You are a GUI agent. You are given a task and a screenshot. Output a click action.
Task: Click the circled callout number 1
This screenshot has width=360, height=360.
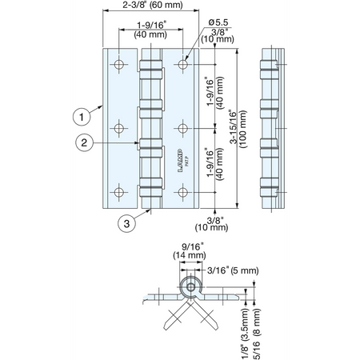pos(82,117)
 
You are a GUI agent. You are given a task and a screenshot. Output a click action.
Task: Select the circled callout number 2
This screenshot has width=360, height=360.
pos(84,142)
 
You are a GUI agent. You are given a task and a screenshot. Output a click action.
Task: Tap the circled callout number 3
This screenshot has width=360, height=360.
pos(126,223)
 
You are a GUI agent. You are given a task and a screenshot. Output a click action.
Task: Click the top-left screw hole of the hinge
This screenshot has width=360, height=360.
pos(119,64)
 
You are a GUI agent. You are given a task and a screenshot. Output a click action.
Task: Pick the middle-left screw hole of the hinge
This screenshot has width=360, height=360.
pos(119,128)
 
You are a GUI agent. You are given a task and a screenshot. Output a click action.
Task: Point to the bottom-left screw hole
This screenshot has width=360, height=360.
pos(119,192)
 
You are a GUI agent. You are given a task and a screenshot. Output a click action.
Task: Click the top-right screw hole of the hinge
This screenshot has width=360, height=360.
pos(182,64)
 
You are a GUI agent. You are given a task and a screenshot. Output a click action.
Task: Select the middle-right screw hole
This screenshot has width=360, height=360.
pos(182,128)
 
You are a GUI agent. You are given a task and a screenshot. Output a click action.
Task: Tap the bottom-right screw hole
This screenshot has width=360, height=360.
pos(182,192)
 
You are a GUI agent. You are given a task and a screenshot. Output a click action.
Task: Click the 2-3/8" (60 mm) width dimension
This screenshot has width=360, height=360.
pos(153,5)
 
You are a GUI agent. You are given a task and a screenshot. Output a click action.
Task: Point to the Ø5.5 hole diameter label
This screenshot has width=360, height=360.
pos(218,22)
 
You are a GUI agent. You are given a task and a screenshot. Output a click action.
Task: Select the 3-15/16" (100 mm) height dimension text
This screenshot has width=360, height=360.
pos(238,129)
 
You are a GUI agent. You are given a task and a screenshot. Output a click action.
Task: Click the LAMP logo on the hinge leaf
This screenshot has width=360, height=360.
pos(180,160)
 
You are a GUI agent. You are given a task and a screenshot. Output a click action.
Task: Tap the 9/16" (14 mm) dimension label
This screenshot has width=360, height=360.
pos(190,251)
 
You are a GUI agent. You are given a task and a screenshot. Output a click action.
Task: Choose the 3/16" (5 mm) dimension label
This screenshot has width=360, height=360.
pos(233,270)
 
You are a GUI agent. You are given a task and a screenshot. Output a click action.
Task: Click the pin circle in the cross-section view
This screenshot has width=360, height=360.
pos(190,287)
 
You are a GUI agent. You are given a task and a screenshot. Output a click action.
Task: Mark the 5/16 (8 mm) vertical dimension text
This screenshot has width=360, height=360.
pos(257,334)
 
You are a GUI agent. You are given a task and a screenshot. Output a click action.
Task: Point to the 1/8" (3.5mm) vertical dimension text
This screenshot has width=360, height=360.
pos(245,334)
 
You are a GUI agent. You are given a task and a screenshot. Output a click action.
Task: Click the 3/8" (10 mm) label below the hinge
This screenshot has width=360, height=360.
pos(211,224)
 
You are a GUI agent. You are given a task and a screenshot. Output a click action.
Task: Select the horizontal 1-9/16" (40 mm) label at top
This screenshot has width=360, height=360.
pos(150,30)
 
